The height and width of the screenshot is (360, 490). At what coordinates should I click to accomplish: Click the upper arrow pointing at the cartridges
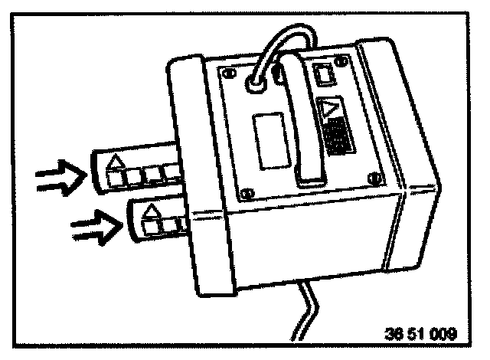59,178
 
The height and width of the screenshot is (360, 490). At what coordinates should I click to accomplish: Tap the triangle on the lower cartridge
152,208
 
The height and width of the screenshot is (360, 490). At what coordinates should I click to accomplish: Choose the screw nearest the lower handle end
374,178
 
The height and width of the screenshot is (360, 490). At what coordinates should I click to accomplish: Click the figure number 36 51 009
419,335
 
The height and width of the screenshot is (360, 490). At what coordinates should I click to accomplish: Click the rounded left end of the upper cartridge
96,172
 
